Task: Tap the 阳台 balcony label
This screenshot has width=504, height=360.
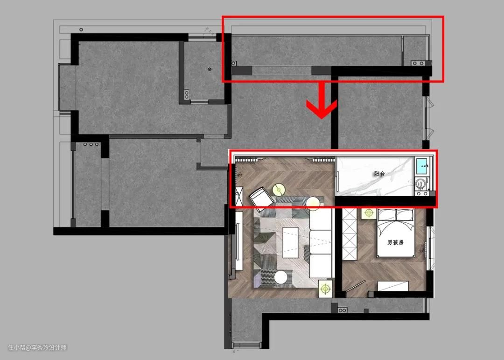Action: tap(379, 174)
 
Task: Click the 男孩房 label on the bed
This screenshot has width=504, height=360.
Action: tap(395, 242)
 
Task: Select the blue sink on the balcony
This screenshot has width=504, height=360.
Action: tap(422, 165)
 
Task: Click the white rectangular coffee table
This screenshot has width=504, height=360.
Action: tap(290, 242)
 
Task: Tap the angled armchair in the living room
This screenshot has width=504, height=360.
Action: tap(261, 197)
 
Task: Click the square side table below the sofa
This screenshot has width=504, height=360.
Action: tap(326, 288)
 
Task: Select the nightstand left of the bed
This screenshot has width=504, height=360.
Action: tap(368, 213)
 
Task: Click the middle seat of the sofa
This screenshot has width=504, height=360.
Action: tap(320, 242)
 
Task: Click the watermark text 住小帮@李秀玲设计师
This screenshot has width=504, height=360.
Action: tap(38, 347)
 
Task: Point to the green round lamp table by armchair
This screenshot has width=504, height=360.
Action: tap(279, 190)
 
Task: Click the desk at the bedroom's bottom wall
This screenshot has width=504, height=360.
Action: tap(393, 286)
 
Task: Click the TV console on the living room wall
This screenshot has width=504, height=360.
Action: tap(239, 240)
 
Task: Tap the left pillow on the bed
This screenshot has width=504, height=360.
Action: tap(387, 214)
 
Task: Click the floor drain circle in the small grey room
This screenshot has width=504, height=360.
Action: tap(210, 69)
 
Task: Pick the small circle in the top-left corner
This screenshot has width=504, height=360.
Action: tap(81, 29)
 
